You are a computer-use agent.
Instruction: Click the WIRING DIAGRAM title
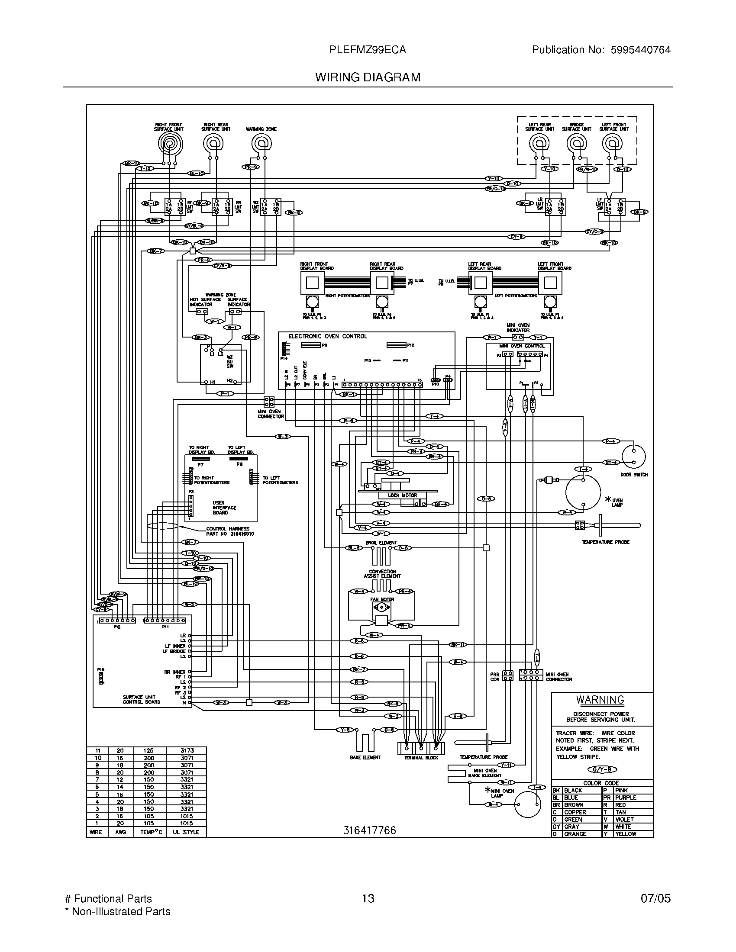click(368, 77)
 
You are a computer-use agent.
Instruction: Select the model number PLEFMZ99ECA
click(368, 50)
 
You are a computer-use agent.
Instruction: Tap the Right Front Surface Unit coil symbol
click(170, 143)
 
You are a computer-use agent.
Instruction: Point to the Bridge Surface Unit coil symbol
click(576, 143)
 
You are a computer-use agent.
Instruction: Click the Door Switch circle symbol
click(633, 457)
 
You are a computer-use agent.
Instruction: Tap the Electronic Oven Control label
click(327, 337)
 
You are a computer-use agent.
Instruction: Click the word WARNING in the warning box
click(600, 700)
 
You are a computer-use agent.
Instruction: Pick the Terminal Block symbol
click(421, 748)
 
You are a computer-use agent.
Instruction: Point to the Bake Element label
click(365, 758)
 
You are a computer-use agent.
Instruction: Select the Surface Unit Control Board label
click(141, 699)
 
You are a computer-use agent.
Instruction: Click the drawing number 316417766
click(369, 830)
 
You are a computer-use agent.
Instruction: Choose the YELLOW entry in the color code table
click(625, 834)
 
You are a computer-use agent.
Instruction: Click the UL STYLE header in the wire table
click(186, 832)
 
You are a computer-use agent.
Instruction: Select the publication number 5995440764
click(640, 50)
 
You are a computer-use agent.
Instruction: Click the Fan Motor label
click(382, 599)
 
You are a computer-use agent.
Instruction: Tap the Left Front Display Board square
click(550, 283)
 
